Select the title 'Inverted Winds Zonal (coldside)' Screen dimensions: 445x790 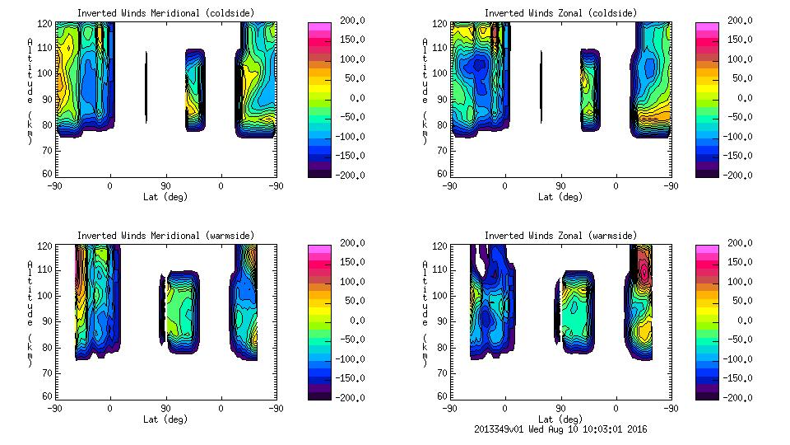pos(560,13)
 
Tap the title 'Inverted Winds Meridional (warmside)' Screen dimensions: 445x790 pos(165,236)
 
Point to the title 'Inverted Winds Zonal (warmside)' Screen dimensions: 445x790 pos(560,236)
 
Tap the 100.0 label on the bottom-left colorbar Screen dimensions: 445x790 pos(351,282)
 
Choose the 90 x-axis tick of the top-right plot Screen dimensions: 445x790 pos(560,186)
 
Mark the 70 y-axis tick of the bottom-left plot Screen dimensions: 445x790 pos(49,373)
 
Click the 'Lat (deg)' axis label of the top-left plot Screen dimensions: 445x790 pos(165,197)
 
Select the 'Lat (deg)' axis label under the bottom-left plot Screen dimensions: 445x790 pos(165,419)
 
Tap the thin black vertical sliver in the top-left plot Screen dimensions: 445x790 pos(146,87)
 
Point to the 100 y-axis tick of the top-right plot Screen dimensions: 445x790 pos(440,73)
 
